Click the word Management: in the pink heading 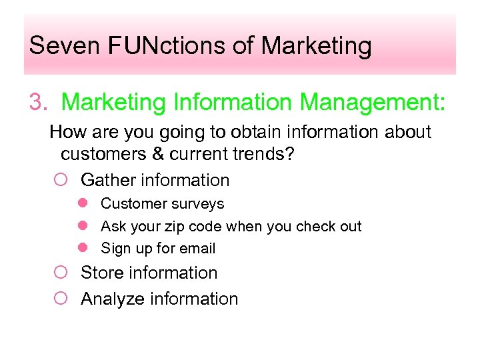373,103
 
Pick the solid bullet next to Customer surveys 83,203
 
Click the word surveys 199,204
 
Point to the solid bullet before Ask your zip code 83,226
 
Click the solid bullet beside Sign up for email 83,248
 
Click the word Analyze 113,299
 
